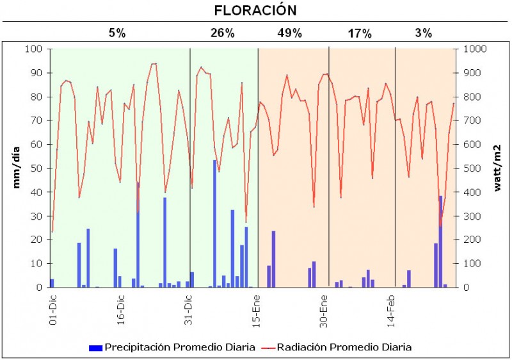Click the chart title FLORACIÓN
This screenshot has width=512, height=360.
coord(255,11)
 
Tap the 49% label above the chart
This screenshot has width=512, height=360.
coord(290,33)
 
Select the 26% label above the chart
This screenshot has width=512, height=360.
coord(222,33)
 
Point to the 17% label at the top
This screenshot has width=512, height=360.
coord(359,33)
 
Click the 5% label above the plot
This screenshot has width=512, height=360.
coord(116,33)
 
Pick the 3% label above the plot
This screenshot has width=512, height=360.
coord(423,33)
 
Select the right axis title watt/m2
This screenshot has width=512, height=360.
coord(497,168)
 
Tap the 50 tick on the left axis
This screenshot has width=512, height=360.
coord(38,168)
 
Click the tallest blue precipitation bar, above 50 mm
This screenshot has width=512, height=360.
coord(214,224)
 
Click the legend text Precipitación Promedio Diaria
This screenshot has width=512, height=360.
coord(180,347)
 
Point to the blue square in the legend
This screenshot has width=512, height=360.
coord(95,348)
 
